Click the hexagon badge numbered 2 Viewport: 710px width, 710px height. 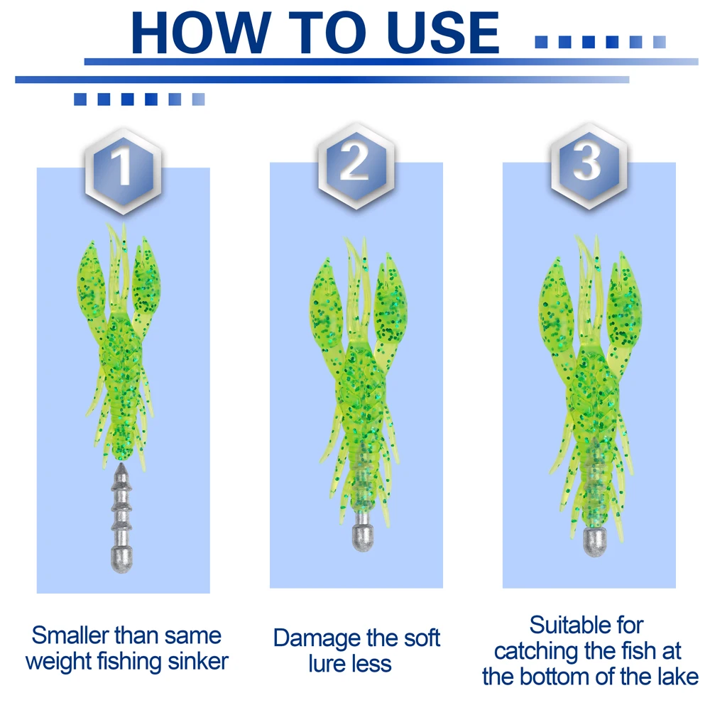[356, 166]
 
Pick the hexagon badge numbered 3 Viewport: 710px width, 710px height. [589, 166]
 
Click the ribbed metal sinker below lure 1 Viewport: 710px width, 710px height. [121, 518]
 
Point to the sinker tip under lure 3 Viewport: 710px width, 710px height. [595, 541]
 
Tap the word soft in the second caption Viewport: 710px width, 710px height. [422, 638]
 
